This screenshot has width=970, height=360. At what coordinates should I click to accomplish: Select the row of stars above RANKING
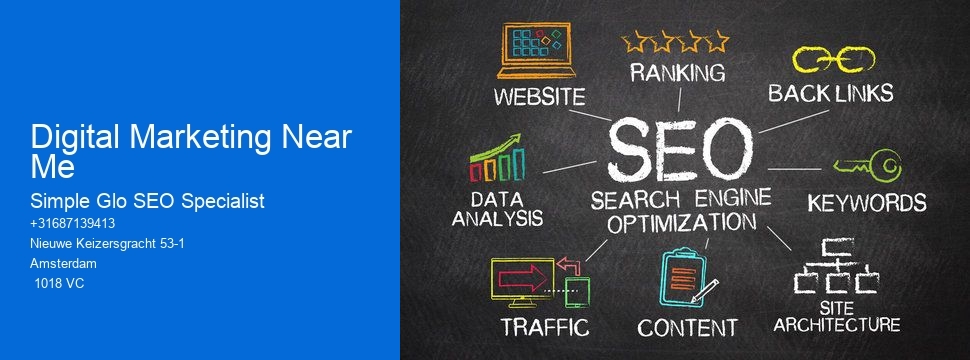pos(676,41)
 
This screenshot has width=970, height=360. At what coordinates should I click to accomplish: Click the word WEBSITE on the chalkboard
pos(539,98)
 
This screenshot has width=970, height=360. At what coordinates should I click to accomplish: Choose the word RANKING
pos(677,73)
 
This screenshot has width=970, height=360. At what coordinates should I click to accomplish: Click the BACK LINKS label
pos(830,94)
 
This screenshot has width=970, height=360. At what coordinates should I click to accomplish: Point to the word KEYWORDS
pos(866,202)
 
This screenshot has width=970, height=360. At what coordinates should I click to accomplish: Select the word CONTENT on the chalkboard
pos(687,327)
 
